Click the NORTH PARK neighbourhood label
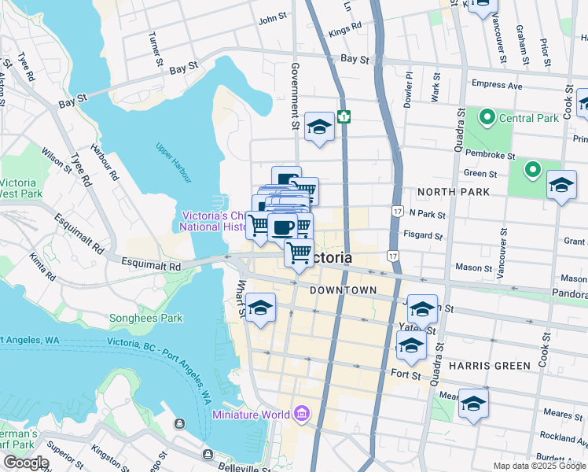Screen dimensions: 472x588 [454, 192]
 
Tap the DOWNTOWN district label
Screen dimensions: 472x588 [343, 290]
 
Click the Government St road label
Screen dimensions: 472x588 [296, 96]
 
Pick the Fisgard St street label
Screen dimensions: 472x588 [423, 235]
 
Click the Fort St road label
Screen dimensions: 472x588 [405, 375]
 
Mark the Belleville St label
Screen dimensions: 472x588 [255, 454]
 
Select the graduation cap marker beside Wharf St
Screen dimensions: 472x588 [261, 308]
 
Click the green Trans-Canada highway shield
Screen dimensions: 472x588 [344, 116]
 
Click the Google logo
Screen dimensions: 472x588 [25, 463]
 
